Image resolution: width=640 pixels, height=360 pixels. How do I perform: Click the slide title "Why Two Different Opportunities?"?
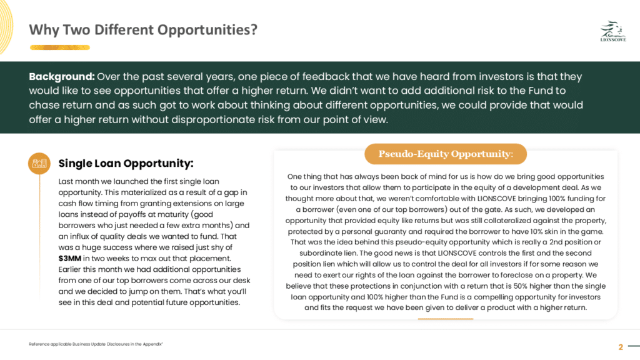pos(143,30)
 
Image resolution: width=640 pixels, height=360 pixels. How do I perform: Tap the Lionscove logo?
pos(613,31)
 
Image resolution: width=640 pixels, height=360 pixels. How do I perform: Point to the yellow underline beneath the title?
pos(59,47)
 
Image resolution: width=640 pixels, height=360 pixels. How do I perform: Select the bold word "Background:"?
pos(62,77)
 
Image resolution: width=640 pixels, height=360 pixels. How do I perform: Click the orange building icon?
pos(39,163)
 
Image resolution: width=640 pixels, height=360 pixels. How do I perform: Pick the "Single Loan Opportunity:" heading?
pos(126,163)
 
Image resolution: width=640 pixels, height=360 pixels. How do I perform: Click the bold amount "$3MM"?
pos(69,258)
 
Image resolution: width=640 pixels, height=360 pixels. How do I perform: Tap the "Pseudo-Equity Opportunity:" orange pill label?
pos(445,154)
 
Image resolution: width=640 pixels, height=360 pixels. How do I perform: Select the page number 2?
pos(621,347)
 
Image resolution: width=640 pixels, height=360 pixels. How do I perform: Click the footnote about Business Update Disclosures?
pos(96,344)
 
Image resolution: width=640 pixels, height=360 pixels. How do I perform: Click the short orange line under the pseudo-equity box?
pos(445,319)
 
